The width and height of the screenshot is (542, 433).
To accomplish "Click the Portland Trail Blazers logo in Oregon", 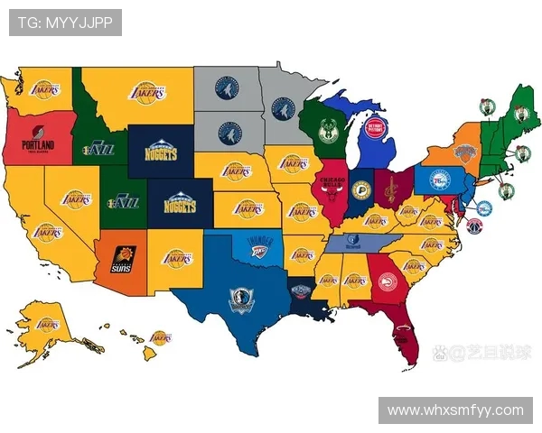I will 37,143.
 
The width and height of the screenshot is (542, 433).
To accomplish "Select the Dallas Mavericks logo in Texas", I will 241,299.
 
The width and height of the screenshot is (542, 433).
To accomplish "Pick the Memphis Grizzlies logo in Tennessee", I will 353,242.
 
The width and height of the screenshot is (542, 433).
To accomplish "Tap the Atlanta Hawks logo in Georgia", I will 388,279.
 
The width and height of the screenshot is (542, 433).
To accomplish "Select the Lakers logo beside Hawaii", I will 161,338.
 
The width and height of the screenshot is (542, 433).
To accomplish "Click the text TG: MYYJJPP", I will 65,23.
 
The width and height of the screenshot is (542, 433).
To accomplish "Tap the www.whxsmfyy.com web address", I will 454,410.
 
